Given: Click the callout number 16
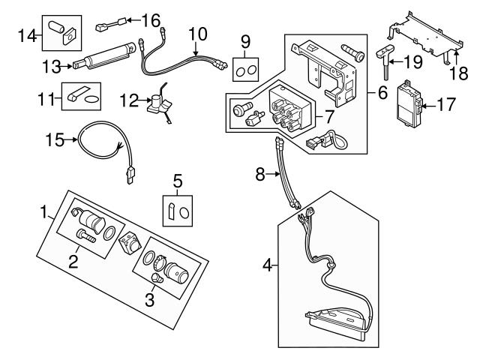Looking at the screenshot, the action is click(151, 20).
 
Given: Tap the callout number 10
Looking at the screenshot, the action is click(198, 34).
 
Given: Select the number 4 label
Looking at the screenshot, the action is click(267, 265).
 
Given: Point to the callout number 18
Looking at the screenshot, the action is click(459, 73).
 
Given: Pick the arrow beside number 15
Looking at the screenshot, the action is click(71, 140).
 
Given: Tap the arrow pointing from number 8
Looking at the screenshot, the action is click(273, 174).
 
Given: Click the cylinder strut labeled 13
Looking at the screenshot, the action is click(104, 55).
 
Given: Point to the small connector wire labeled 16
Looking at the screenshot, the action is click(112, 24).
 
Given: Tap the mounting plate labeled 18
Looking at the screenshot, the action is click(427, 37).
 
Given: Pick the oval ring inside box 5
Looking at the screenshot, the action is click(184, 213).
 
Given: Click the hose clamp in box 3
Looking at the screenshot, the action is click(158, 262).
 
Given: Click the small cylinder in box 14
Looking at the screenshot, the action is click(57, 27).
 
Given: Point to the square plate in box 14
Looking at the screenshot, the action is click(70, 37).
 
